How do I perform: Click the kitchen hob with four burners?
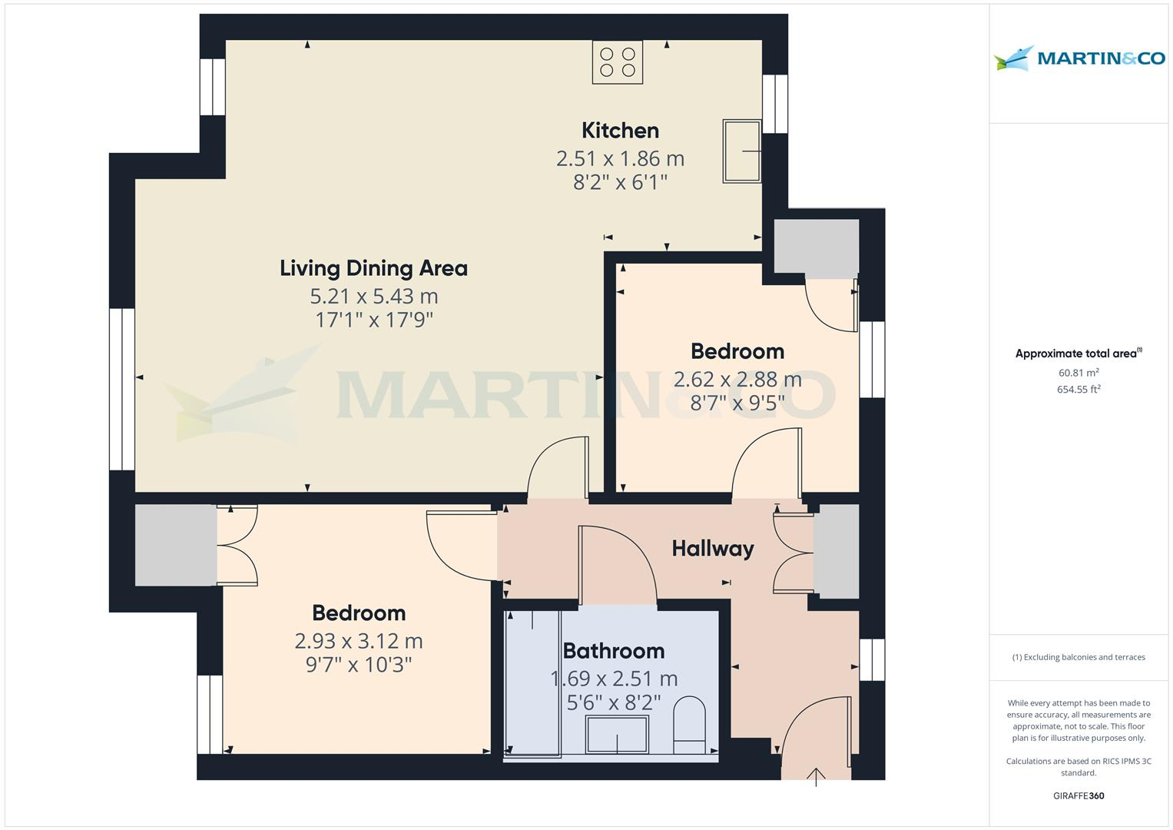pyautogui.click(x=617, y=62)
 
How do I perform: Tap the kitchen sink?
pyautogui.click(x=741, y=151)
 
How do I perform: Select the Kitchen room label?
pyautogui.click(x=620, y=130)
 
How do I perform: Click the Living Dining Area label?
pyautogui.click(x=373, y=268)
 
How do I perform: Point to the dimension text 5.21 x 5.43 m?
pyautogui.click(x=373, y=296)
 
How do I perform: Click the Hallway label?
pyautogui.click(x=712, y=549)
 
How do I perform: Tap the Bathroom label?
pyautogui.click(x=613, y=651)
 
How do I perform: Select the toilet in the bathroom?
pyautogui.click(x=689, y=725)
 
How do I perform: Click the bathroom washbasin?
pyautogui.click(x=617, y=734)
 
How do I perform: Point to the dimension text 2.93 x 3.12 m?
pyautogui.click(x=358, y=641)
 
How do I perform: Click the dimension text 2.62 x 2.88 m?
pyautogui.click(x=737, y=379)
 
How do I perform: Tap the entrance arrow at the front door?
pyautogui.click(x=816, y=775)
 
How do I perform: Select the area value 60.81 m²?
pyautogui.click(x=1079, y=373)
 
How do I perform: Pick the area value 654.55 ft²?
pyautogui.click(x=1079, y=390)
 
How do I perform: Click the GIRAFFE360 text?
pyautogui.click(x=1079, y=796)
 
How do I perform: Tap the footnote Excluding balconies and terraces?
pyautogui.click(x=1079, y=657)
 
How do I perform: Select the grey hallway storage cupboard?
pyautogui.click(x=836, y=552)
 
